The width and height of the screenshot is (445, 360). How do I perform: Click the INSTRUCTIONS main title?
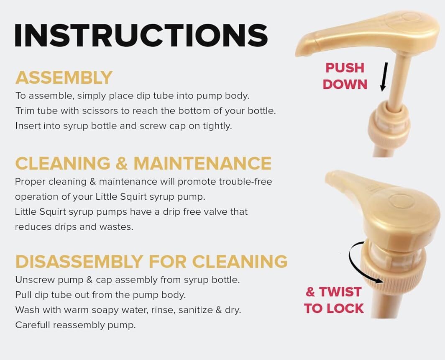(141, 35)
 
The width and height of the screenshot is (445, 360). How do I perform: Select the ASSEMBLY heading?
(64, 77)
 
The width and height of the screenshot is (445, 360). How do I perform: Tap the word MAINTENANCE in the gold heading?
(202, 163)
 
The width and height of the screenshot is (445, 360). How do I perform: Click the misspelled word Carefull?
(33, 325)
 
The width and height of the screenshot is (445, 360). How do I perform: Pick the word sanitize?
(196, 310)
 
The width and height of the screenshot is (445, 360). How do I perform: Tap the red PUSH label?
(345, 68)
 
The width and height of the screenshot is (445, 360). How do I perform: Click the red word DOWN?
(345, 85)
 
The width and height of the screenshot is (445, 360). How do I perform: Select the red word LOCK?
(345, 309)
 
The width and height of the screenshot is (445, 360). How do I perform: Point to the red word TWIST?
(340, 292)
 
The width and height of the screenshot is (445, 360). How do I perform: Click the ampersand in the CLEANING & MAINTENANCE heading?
(122, 163)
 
